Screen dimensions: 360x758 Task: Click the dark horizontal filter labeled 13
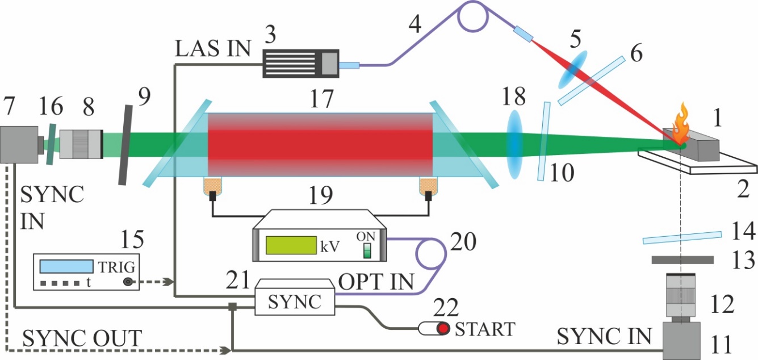tap(682, 260)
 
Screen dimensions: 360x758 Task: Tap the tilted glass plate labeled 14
tap(682, 237)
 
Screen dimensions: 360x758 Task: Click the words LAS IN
tap(211, 49)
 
